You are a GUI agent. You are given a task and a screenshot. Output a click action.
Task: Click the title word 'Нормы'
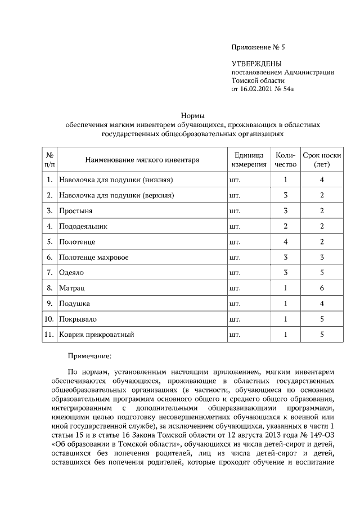point(193,115)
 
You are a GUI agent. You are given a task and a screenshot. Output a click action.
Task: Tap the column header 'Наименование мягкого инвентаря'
point(142,160)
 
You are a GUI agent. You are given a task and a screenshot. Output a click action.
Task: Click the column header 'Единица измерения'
point(247,160)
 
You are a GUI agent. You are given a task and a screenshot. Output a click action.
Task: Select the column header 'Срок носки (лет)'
point(322,160)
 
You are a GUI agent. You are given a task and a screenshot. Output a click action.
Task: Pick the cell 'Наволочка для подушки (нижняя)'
point(115,181)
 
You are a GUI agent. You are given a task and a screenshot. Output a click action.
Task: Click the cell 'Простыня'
point(76,211)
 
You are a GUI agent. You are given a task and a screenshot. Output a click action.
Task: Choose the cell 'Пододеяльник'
point(83,227)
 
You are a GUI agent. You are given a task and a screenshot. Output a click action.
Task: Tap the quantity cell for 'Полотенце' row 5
point(285,242)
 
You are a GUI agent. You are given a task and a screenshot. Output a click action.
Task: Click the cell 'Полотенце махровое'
point(93,258)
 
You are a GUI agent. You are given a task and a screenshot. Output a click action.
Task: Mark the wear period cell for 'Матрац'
point(322,288)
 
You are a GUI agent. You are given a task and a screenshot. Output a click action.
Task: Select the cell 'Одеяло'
point(72,273)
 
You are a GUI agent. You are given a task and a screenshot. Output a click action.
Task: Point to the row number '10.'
point(49,319)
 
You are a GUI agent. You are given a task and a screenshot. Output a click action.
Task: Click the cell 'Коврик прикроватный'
point(96,335)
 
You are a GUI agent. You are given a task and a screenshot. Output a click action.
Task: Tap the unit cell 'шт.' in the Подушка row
point(235,304)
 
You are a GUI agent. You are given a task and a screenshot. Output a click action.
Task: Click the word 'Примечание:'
point(90,356)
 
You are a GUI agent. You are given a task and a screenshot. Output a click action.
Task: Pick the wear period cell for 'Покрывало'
point(322,319)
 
